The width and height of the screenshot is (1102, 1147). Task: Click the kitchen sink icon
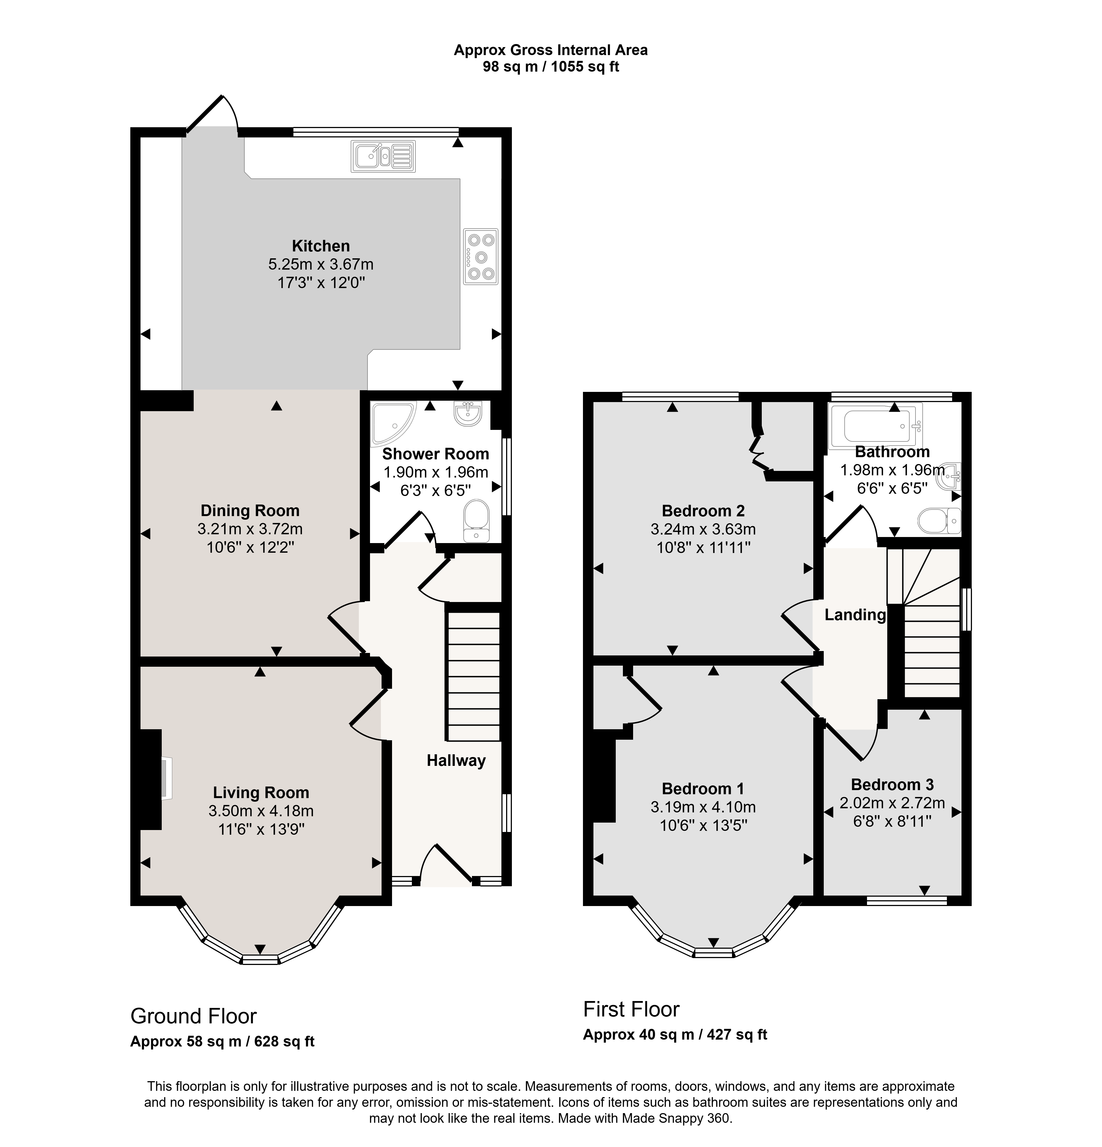pos(383,156)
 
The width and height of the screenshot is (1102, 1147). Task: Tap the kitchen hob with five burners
pos(481,256)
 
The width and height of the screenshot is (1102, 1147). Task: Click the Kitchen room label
pos(321,246)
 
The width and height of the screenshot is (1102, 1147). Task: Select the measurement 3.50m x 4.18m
pos(261,811)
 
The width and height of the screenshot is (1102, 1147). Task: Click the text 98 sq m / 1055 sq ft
pos(550,67)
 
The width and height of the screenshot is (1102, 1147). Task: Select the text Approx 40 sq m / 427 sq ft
pos(675,1035)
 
